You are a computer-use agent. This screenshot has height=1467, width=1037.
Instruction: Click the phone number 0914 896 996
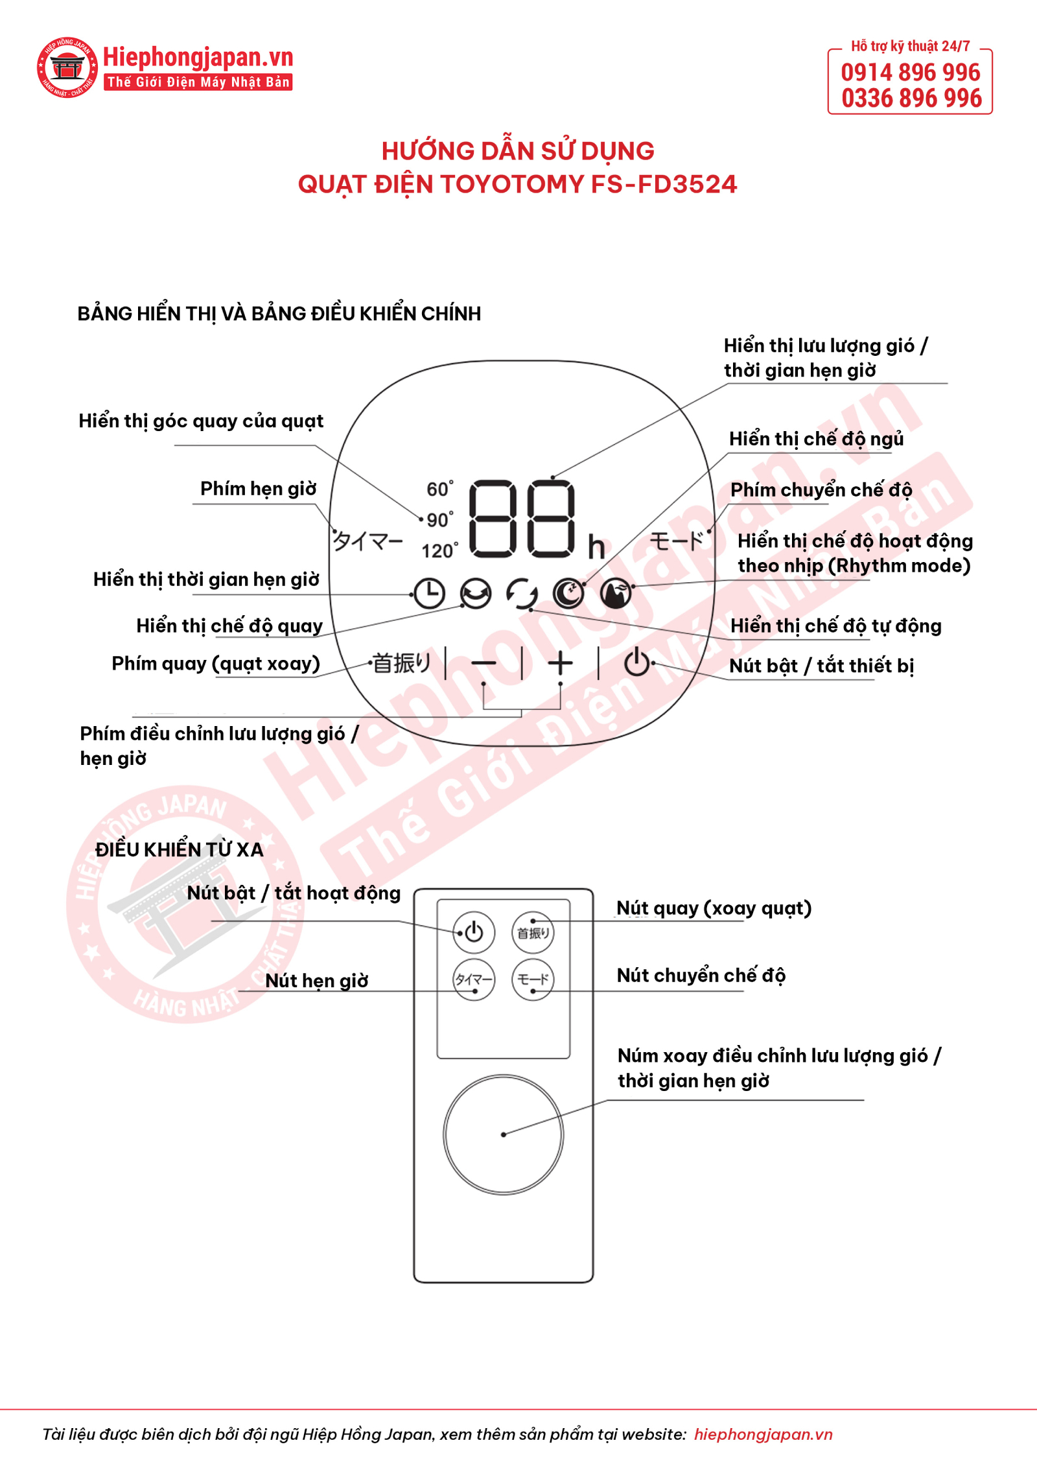[x=911, y=72]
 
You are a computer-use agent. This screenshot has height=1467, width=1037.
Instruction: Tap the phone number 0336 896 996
[x=911, y=99]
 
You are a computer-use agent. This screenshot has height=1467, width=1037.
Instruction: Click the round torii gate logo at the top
[x=67, y=67]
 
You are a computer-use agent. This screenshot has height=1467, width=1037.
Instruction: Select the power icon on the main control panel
[x=636, y=662]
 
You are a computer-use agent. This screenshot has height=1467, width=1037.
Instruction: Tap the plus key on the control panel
[x=560, y=663]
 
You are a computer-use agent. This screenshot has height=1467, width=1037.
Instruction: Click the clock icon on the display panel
[x=429, y=593]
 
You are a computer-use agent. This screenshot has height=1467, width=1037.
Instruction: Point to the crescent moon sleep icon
[x=568, y=593]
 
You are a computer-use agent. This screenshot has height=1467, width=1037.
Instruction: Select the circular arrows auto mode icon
[x=522, y=593]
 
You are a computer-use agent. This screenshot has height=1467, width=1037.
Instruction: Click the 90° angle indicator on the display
[x=440, y=520]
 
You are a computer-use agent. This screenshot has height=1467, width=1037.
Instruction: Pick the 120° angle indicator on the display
[x=440, y=551]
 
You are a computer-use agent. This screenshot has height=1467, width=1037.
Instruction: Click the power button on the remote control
[x=474, y=932]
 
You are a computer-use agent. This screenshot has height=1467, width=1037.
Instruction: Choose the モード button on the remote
[x=533, y=980]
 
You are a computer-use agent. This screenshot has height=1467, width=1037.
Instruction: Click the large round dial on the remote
[x=504, y=1134]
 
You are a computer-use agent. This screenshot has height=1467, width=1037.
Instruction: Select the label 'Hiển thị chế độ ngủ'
[x=816, y=440]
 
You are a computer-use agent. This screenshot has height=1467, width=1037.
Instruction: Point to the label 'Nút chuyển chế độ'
[x=701, y=976]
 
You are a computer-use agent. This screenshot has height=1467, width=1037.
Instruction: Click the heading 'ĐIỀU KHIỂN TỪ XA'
[x=179, y=849]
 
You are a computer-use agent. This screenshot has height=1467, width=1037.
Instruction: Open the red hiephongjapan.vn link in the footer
[x=763, y=1434]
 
